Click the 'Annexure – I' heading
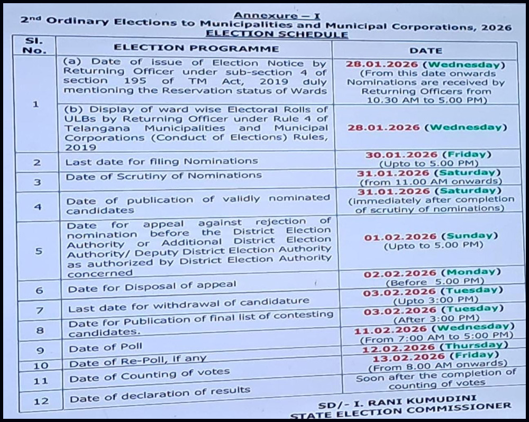(277, 16)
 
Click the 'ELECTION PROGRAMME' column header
(196, 48)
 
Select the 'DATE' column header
(425, 50)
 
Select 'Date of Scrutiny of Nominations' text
(163, 176)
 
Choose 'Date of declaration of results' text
(160, 393)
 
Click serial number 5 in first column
(38, 251)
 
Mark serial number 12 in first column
(41, 401)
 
